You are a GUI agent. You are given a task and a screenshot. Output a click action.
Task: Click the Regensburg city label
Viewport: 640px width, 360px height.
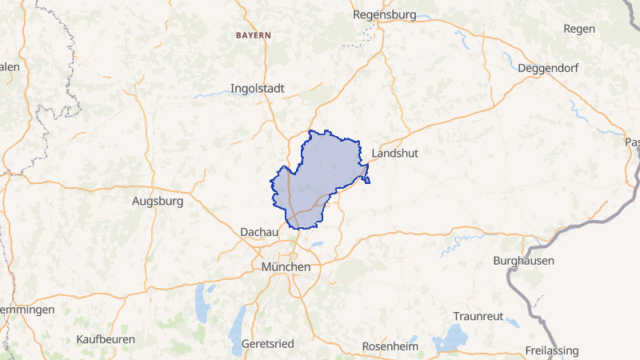click(386, 15)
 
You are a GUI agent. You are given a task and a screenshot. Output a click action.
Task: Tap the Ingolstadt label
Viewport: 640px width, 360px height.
click(258, 88)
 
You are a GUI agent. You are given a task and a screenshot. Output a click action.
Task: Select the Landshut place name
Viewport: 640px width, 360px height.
click(395, 153)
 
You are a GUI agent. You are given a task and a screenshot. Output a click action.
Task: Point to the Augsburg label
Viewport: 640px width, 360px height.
click(158, 202)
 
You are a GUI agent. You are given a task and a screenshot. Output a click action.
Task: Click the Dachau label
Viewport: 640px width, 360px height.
click(259, 232)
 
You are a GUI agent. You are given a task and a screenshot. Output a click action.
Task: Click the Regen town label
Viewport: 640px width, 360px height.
click(579, 29)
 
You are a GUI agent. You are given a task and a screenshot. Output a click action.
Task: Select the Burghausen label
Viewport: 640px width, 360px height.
click(523, 261)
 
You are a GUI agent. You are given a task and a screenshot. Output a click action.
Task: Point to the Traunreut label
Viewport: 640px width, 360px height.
click(478, 316)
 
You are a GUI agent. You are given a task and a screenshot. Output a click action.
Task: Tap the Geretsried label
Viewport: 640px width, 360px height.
click(268, 343)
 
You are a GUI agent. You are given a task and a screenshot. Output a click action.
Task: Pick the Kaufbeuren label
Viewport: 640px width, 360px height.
click(106, 339)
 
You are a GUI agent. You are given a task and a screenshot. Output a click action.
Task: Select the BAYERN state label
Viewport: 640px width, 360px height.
click(254, 36)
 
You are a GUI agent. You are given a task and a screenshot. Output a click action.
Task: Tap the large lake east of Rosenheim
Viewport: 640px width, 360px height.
click(453, 338)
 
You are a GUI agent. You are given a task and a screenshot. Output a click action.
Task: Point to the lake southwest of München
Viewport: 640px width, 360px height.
click(200, 304)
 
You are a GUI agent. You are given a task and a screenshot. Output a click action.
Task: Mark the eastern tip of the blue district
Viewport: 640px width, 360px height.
click(368, 182)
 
